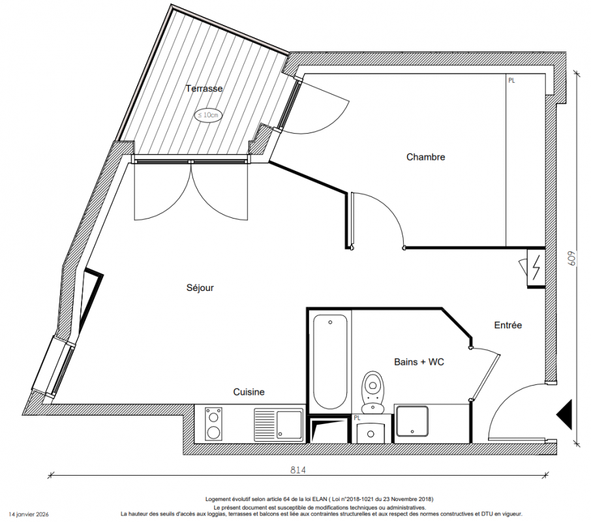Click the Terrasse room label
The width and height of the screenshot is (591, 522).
[x=204, y=89]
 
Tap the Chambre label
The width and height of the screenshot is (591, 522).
[x=425, y=157]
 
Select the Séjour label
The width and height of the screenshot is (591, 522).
[x=200, y=288]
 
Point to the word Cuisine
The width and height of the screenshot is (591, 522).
[x=249, y=392]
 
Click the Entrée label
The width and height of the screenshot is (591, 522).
[x=508, y=325]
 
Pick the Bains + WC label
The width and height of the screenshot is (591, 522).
[x=419, y=362]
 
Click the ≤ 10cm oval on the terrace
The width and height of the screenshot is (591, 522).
[x=209, y=115]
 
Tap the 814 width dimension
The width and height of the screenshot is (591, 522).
[x=297, y=470]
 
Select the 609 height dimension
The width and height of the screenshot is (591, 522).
[x=572, y=259]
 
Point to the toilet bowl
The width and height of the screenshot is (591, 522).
[x=372, y=392]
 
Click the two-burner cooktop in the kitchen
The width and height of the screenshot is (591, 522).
[x=213, y=423]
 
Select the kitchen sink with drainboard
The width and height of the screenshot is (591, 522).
[x=279, y=425]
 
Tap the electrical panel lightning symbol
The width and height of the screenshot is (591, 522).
[x=536, y=268]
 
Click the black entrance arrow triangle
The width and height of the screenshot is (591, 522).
[x=564, y=414]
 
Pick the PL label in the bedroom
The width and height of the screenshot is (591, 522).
[x=511, y=81]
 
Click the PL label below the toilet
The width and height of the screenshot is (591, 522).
[x=357, y=418]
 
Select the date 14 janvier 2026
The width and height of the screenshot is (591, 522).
[x=29, y=514]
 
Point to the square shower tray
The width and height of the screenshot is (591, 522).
[x=412, y=422]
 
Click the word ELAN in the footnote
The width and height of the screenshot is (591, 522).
[x=320, y=499]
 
